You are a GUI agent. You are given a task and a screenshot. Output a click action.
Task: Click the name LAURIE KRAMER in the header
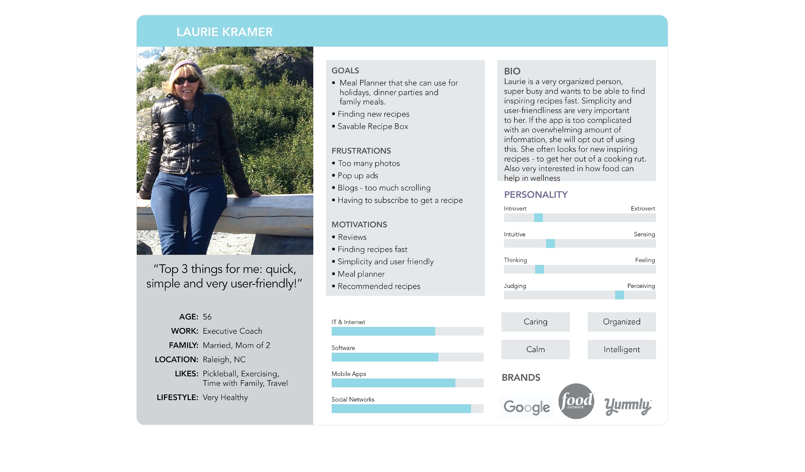pos(225,32)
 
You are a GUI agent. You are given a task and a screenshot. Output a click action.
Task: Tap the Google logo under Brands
pos(527,407)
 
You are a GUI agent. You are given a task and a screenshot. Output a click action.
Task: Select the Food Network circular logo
pos(576,401)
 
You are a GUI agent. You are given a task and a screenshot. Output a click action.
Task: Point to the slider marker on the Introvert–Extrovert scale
pos(538,218)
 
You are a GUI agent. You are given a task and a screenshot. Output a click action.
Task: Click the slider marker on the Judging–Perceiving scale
pos(619,295)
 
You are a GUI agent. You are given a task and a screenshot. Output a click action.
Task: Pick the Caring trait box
pos(535,322)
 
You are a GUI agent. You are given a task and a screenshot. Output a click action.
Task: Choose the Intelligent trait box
pos(622,349)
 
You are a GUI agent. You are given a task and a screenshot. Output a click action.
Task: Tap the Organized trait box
pos(622,322)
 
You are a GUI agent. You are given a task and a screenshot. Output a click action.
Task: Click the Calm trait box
pos(535,349)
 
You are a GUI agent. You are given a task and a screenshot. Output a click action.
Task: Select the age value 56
pos(207,317)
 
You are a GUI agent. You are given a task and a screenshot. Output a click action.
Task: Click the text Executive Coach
pos(232,331)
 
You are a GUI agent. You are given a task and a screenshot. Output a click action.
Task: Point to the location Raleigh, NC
pos(224,360)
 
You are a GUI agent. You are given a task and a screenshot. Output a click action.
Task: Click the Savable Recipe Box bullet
pos(373,127)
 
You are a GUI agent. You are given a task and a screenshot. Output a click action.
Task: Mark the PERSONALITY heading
pos(536,195)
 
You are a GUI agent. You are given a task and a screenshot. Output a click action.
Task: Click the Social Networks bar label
pos(353,400)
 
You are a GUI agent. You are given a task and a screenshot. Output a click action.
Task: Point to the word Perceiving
pos(641,286)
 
